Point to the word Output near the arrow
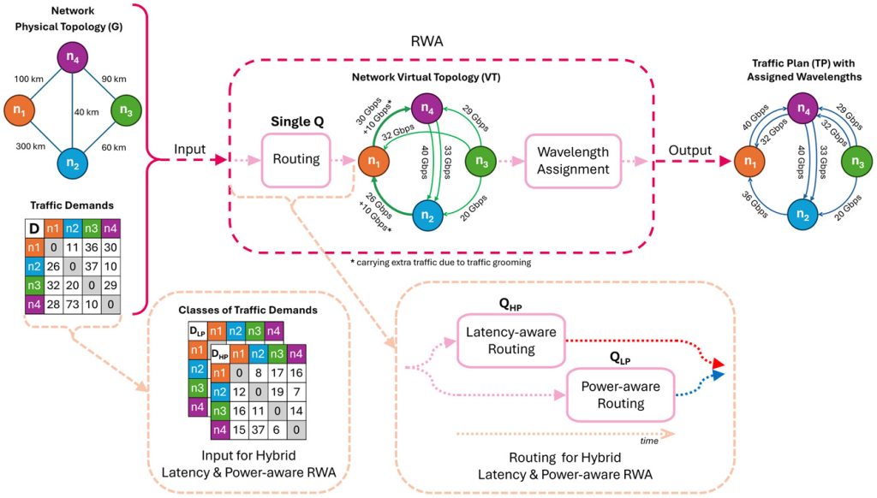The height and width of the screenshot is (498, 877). click(690, 150)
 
